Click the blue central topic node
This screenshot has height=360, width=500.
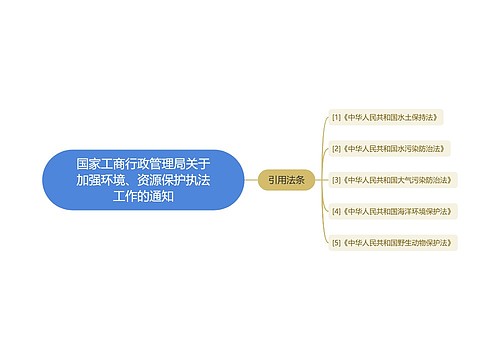tap(143, 179)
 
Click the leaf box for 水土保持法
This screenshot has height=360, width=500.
tap(386, 117)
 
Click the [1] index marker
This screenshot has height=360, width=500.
tap(336, 117)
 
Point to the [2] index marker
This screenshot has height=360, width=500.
tap(336, 148)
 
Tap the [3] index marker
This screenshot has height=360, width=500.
tap(336, 180)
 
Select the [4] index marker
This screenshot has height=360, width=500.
tap(336, 211)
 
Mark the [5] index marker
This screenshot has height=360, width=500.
tap(336, 242)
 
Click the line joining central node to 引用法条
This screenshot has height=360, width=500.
tap(251, 179)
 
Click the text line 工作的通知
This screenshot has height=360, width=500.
tap(143, 196)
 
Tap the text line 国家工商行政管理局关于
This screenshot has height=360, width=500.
tap(143, 162)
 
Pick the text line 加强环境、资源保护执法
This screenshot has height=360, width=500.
tap(143, 179)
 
